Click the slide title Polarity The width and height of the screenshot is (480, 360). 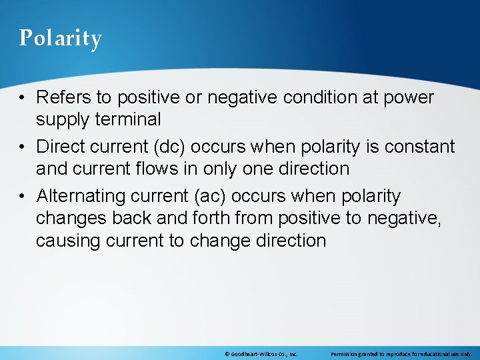(x=60, y=38)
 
